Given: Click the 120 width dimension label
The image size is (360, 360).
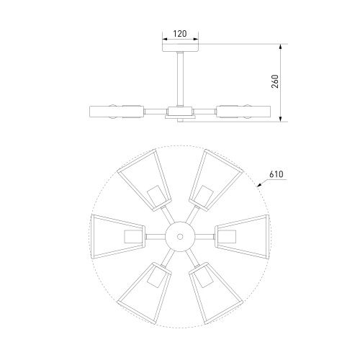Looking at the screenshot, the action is (180, 34).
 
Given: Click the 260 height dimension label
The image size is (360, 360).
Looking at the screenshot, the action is (275, 81).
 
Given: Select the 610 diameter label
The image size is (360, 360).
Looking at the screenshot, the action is (276, 174).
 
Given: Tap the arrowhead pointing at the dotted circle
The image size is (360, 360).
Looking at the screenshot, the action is (259, 184).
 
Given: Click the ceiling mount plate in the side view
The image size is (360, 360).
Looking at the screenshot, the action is (181, 48).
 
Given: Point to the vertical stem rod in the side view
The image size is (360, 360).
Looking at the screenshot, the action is (180, 78).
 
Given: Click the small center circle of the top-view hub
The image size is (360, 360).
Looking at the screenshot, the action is (180, 237).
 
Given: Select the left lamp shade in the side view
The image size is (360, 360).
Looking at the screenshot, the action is (117, 112).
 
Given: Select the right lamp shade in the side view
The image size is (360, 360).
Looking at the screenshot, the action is (243, 112).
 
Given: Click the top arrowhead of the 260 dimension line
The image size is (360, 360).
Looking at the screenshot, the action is (281, 47).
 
